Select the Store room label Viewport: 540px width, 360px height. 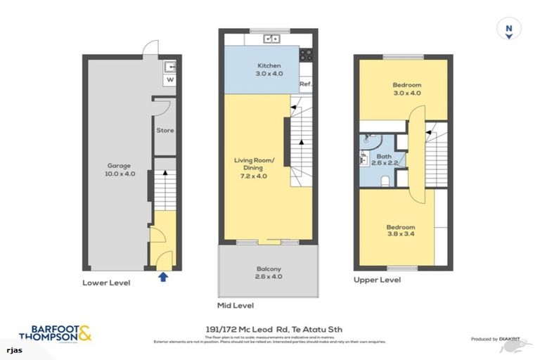tap(165, 131)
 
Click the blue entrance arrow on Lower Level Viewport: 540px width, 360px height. tap(164, 276)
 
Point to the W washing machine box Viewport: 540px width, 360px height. tap(169, 80)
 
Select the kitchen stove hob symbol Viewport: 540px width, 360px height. tap(307, 54)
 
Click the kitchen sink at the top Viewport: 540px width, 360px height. tap(273, 39)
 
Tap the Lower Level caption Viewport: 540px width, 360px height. tap(107, 282)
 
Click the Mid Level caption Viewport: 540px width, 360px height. tap(236, 305)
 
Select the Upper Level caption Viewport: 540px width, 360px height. tap(378, 280)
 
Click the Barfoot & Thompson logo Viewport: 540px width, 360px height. tap(55, 333)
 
